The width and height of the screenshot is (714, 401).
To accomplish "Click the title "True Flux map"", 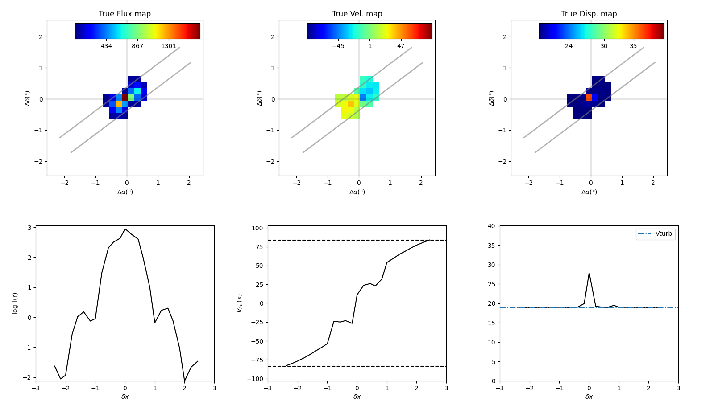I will click(x=125, y=14).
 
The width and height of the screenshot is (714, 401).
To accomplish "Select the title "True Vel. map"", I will click(x=357, y=14).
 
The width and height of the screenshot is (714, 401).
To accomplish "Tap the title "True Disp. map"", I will click(x=589, y=14).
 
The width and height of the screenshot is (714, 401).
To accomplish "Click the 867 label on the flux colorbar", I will click(x=137, y=46).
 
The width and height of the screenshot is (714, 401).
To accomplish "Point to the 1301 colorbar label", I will click(x=169, y=46).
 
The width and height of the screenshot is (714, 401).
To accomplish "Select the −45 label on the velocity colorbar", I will click(x=338, y=46).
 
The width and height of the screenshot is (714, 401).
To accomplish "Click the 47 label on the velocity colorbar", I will click(x=401, y=46).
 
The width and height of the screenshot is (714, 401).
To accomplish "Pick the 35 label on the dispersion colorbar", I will click(x=633, y=46).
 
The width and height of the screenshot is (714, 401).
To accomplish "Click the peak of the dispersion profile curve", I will click(x=589, y=273).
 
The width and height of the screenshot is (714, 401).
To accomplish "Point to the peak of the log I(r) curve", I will click(x=125, y=229).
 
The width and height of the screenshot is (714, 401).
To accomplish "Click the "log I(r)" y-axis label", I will click(x=15, y=303).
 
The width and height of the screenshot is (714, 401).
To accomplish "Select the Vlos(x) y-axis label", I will click(x=240, y=303).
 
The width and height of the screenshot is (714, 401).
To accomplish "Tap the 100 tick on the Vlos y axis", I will click(x=257, y=228).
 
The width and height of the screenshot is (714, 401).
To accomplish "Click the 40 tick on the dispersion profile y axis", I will click(x=491, y=226).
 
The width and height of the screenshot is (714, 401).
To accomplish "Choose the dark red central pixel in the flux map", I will click(x=125, y=97).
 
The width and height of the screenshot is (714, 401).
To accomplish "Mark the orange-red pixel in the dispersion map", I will click(x=589, y=97).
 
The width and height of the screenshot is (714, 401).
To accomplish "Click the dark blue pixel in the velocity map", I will click(x=363, y=97).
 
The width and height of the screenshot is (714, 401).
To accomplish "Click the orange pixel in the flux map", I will click(x=119, y=103).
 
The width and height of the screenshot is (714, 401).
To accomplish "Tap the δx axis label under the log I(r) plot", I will click(x=125, y=397).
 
